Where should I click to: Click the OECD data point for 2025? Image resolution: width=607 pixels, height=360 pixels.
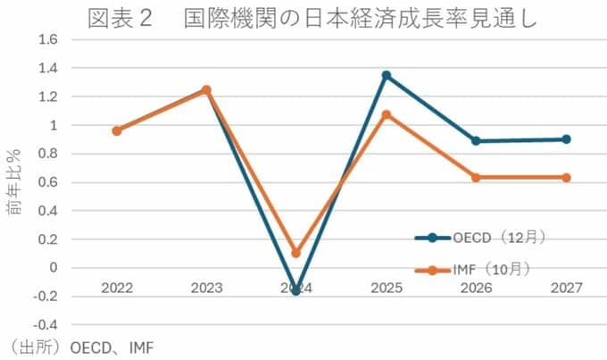pyautogui.click(x=387, y=75)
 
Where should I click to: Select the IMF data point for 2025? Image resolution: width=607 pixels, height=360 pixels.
pyautogui.click(x=387, y=114)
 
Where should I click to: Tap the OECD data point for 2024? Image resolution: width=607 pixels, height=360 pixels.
pyautogui.click(x=296, y=290)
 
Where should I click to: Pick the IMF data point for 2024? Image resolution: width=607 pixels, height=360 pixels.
pyautogui.click(x=296, y=253)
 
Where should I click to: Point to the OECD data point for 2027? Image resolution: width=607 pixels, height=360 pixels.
pyautogui.click(x=566, y=139)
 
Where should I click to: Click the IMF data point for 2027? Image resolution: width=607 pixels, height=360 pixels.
pyautogui.click(x=566, y=177)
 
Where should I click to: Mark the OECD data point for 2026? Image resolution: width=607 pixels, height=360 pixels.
pyautogui.click(x=476, y=141)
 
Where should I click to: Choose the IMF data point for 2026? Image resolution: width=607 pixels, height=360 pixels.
pyautogui.click(x=476, y=177)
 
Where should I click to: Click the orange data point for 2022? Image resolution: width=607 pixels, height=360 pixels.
pyautogui.click(x=116, y=130)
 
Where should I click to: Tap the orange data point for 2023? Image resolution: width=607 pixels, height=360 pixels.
pyautogui.click(x=206, y=89)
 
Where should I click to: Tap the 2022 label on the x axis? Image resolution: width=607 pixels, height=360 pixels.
pyautogui.click(x=116, y=288)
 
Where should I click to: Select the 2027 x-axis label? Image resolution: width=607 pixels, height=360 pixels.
pyautogui.click(x=566, y=288)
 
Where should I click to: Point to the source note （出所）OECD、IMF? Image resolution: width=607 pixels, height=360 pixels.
pyautogui.click(x=71, y=347)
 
